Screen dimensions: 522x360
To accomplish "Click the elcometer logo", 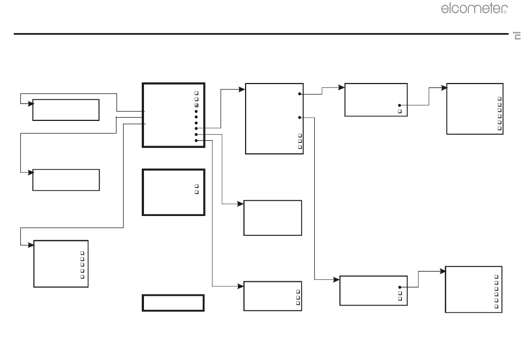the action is coord(474,9).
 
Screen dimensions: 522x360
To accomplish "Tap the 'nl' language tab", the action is coord(517,36).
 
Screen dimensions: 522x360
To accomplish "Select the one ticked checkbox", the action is coord(196,105).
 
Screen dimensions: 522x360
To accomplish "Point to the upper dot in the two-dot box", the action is coord(299,94).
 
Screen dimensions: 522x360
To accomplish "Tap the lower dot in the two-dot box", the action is coord(299,117).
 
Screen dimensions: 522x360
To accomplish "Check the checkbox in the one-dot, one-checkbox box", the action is coord(400,111).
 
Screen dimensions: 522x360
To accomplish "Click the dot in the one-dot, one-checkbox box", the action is coord(399,105).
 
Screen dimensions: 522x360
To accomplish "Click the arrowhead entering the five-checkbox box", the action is coord(31,245).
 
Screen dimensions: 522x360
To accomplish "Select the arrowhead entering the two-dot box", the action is coord(242,89).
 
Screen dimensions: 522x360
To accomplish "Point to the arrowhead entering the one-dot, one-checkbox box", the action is coord(341,87).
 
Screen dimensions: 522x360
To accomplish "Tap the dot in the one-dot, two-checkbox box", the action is coord(400,287).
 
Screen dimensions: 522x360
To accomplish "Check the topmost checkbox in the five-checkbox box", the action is coord(82,253).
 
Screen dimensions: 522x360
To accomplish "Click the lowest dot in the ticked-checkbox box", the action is coord(196,141).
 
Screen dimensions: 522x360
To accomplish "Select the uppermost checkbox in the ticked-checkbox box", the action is coord(196,93).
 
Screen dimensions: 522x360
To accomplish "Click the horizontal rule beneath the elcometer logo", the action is coord(261,34).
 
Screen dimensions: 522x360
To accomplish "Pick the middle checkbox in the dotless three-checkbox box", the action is coord(298,297).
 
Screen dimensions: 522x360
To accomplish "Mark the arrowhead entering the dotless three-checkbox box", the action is coord(240,286).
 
